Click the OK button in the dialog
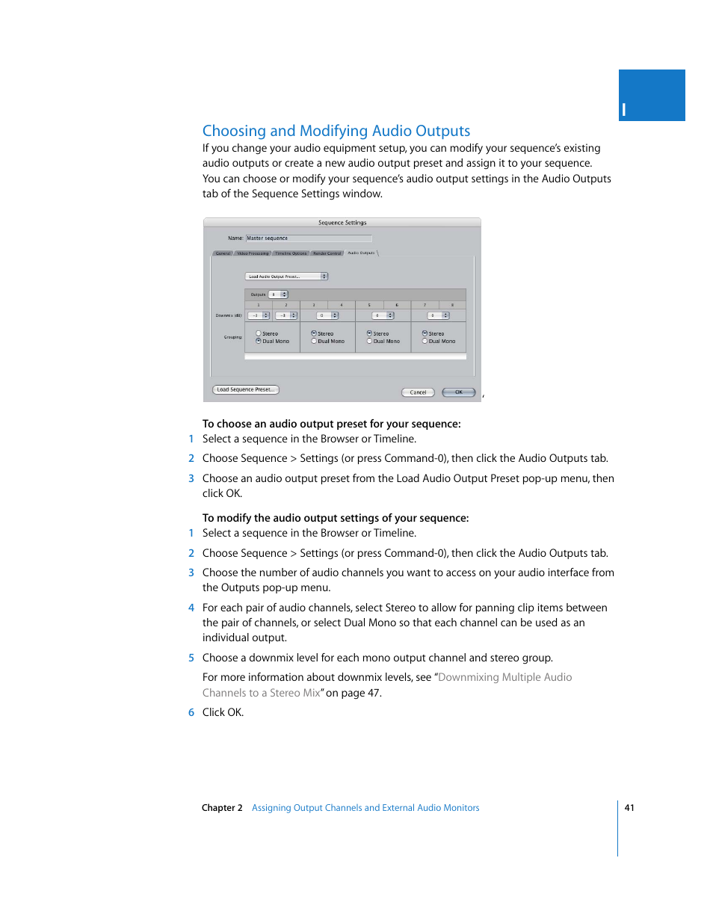tap(458, 392)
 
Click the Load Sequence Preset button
tap(245, 389)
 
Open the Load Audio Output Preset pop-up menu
tap(287, 277)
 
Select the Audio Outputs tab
tap(361, 253)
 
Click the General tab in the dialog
tap(223, 253)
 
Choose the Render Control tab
tap(327, 253)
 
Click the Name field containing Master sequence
tap(308, 238)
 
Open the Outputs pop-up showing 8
tap(277, 294)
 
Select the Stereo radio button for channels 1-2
tap(259, 333)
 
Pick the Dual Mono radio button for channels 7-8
tap(425, 341)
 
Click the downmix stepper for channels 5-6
tap(390, 315)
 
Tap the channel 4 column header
tap(342, 305)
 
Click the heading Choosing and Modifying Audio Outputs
tap(336, 131)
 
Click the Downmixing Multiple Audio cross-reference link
tap(504, 677)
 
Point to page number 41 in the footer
tap(629, 808)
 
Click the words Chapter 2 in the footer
tap(222, 808)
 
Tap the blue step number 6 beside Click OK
tap(191, 712)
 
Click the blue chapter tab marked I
tap(651, 96)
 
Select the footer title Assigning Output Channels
tap(365, 808)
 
